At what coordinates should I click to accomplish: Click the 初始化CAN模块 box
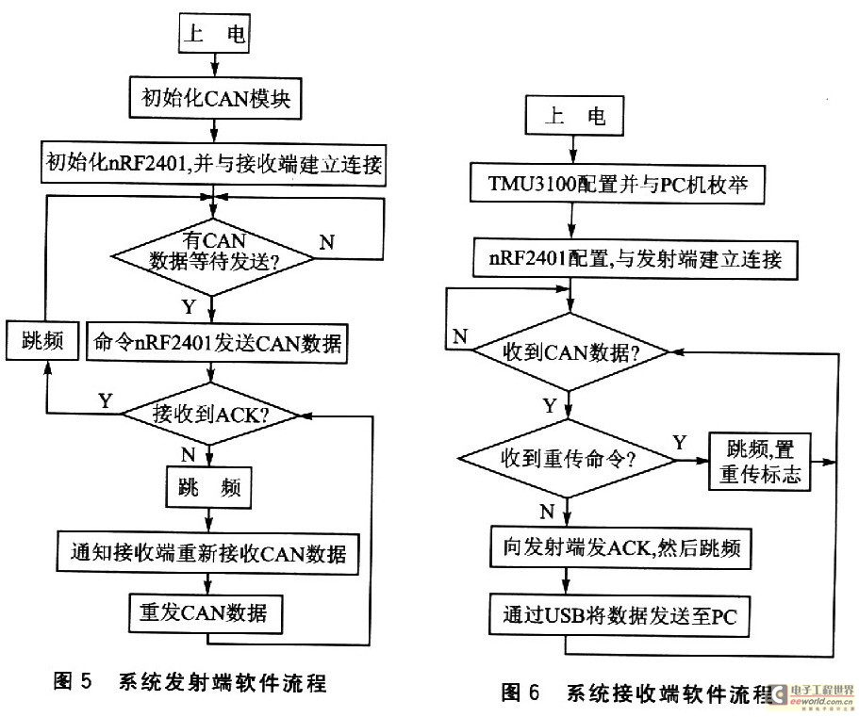215,99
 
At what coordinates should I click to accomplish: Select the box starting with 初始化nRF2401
214,164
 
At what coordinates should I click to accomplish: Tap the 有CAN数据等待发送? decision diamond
213,256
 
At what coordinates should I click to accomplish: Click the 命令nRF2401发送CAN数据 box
218,343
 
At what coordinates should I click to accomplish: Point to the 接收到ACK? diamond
210,414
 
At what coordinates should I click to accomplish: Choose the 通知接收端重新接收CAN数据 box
208,553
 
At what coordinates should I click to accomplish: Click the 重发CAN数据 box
206,613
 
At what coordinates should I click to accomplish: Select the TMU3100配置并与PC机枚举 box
618,184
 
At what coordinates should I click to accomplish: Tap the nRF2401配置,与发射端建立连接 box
636,258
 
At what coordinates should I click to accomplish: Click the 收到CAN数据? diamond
570,352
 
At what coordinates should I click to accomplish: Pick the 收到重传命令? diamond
568,459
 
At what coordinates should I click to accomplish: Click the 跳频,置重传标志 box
760,462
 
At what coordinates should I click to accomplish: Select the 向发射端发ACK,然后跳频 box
620,547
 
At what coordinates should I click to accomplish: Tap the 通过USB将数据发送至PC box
619,616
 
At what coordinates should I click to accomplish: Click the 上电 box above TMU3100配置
574,116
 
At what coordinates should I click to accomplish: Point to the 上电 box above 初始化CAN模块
215,33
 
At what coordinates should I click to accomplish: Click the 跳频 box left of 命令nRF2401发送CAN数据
42,340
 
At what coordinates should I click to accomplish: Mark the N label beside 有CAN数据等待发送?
326,242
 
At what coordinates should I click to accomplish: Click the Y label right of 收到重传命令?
679,442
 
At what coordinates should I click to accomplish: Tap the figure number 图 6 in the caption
520,693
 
